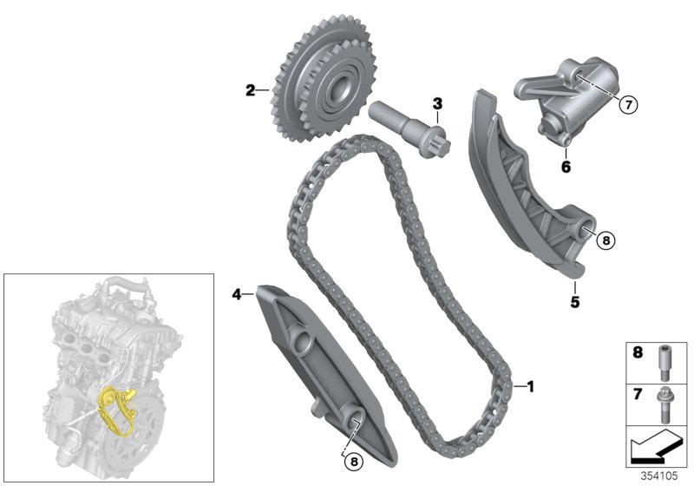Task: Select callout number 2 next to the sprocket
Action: [250, 89]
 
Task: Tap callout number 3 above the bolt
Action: [438, 104]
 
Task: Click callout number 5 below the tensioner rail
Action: [574, 303]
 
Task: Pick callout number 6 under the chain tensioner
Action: [565, 164]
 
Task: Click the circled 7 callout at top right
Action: [627, 105]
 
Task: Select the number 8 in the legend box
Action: [638, 354]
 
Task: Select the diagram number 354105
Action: [665, 476]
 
